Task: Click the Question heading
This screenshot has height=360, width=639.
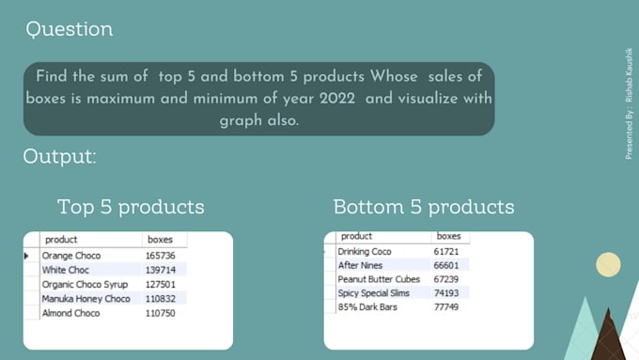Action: coord(70,29)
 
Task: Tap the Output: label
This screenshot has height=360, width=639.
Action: coord(59,156)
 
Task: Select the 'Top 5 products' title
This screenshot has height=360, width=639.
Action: coord(131,206)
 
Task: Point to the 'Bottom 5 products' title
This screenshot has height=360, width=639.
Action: coord(424,206)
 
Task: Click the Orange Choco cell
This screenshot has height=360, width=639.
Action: coord(71,256)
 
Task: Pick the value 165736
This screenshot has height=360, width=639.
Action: coord(161,256)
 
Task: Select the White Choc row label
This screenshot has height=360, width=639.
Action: coord(65,270)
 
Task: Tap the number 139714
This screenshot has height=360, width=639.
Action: coord(161,270)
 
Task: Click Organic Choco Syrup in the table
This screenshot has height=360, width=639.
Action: coord(86,285)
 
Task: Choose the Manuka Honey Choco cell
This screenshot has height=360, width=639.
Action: coord(86,299)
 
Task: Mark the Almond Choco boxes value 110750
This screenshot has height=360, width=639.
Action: coord(161,313)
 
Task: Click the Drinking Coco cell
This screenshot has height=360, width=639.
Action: coord(365,251)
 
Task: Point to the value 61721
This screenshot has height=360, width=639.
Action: coord(447,251)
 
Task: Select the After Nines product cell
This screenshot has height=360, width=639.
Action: coord(361,265)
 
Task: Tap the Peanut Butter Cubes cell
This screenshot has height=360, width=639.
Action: coord(379,279)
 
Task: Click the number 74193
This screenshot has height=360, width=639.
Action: coord(447,293)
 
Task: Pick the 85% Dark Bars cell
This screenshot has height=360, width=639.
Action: coord(368,307)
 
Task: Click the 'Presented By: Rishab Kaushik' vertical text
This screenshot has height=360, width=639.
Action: coord(629,101)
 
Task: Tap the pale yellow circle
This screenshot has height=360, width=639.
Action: coord(608,265)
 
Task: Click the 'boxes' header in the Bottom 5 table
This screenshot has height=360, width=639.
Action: coord(449,236)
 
